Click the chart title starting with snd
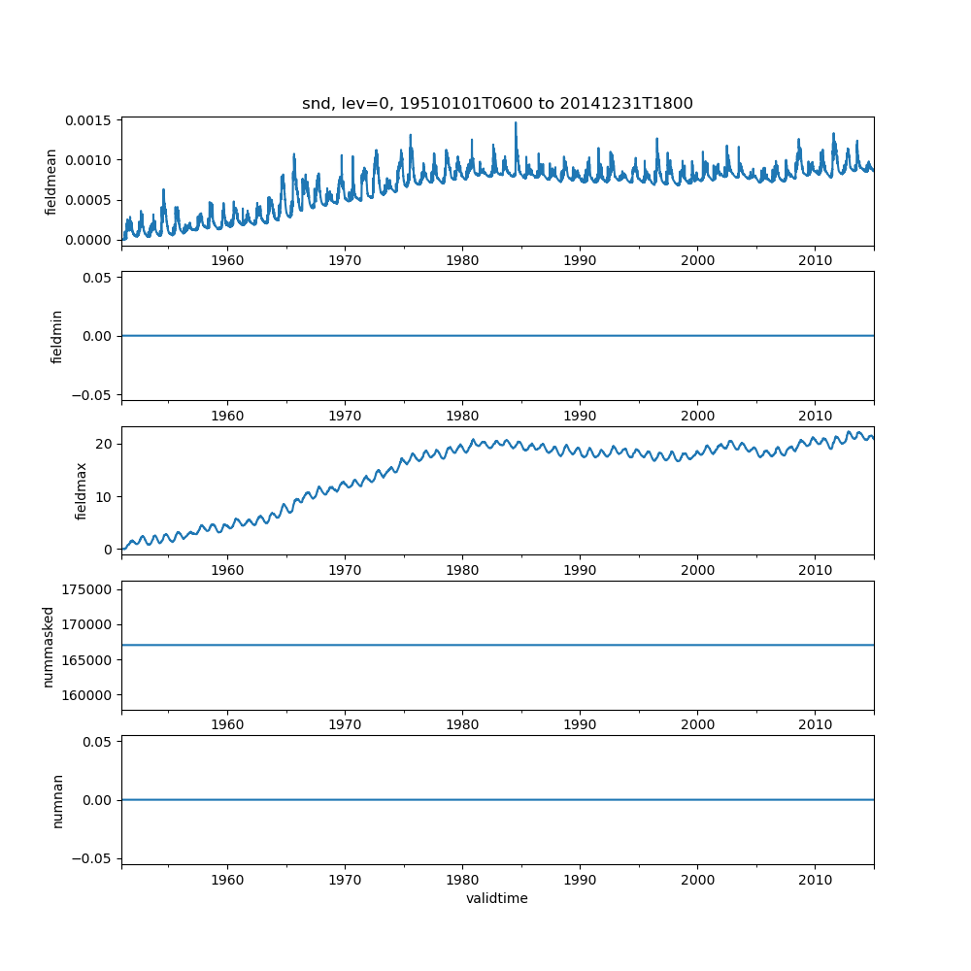click(497, 104)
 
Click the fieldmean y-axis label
click(51, 182)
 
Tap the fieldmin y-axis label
click(56, 336)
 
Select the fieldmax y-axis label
click(82, 490)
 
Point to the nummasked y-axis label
click(48, 646)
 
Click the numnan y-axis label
click(57, 800)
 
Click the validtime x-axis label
click(497, 898)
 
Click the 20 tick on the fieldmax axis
click(104, 444)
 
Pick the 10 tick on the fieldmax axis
click(104, 497)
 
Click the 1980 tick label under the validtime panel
click(462, 880)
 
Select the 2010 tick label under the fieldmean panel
click(815, 261)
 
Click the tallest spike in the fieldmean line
click(516, 123)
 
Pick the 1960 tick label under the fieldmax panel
click(227, 571)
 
